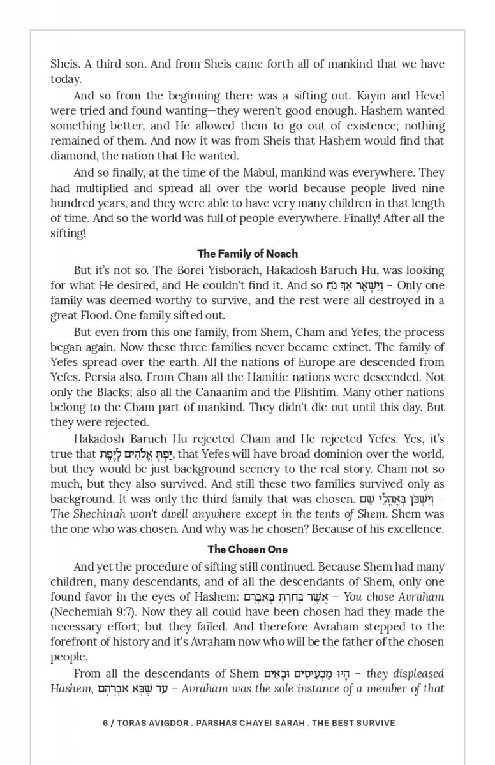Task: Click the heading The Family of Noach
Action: [x=247, y=253]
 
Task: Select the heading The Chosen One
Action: [x=247, y=550]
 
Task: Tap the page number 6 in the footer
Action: [x=105, y=723]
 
